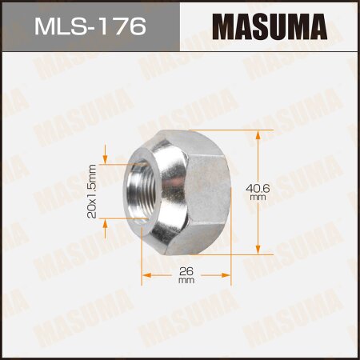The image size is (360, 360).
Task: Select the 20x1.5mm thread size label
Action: pos(92,191)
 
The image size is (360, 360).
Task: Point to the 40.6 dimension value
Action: pos(258,187)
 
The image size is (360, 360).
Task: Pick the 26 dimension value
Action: pos(186,270)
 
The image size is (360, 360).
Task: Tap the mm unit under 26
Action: pos(186,280)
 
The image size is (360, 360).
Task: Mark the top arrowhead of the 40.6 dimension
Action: pos(258,133)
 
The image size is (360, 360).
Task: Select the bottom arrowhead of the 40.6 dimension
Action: pos(258,250)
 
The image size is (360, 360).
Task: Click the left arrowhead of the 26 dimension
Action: pos(146,275)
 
